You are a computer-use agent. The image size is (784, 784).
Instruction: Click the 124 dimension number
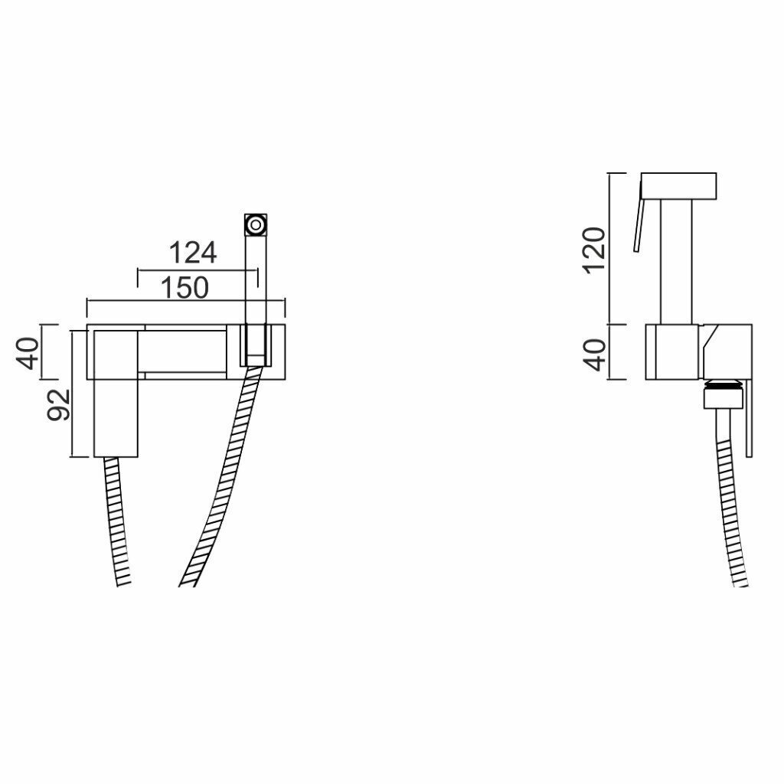coord(193,253)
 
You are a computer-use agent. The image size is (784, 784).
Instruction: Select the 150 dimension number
coord(185,288)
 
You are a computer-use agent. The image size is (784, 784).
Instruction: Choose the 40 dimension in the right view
coord(595,355)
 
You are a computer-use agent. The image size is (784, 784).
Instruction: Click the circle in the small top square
coord(256,224)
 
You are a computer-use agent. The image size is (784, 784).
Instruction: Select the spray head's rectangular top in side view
coord(678,186)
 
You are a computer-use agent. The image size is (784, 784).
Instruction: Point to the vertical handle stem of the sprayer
coord(677,262)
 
